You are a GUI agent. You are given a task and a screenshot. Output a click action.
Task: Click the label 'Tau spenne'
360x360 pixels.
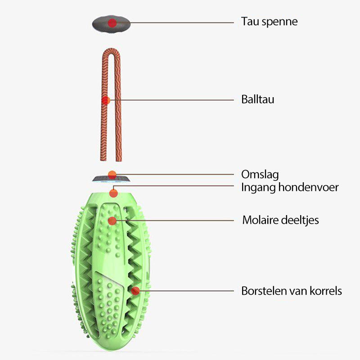(269, 22)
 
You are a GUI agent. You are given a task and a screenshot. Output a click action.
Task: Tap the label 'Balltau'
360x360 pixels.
(257, 99)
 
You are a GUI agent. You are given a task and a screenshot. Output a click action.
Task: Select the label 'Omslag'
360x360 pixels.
(260, 175)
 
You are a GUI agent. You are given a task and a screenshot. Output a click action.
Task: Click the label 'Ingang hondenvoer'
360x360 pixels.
(290, 187)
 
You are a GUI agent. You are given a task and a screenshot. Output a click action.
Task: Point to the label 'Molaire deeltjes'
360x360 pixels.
(280, 220)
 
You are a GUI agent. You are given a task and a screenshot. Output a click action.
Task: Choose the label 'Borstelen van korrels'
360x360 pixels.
(291, 291)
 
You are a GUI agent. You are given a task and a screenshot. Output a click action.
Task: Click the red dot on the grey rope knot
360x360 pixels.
(112, 22)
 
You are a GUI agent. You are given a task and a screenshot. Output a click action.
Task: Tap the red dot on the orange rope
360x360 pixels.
(106, 100)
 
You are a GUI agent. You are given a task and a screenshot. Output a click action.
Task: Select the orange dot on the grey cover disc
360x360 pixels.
(112, 174)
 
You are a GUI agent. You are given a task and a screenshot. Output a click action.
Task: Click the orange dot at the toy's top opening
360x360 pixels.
(113, 193)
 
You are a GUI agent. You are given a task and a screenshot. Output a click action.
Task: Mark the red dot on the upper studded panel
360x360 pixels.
(112, 221)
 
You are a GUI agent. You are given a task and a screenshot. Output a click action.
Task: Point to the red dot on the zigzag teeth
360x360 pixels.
(135, 291)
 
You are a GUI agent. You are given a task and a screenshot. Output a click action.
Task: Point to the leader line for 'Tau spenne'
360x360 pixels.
(175, 22)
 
